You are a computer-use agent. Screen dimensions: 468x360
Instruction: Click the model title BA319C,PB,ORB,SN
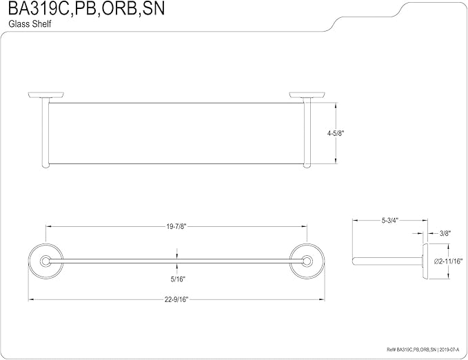[86, 8]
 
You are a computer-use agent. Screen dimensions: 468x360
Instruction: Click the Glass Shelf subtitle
[30, 24]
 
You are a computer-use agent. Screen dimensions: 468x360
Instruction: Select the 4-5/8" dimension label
[336, 134]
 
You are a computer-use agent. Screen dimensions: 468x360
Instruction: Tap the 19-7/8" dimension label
[176, 226]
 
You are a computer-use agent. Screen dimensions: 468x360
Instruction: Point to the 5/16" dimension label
[178, 279]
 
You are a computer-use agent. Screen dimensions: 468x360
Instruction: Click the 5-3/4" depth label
[390, 221]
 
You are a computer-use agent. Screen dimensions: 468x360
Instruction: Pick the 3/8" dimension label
[445, 233]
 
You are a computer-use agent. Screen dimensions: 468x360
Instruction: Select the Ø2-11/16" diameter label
[448, 261]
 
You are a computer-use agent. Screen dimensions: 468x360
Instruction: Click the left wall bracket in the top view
[45, 95]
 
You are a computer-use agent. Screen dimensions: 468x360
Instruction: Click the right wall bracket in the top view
[307, 95]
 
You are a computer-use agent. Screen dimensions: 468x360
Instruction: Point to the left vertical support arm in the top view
[45, 133]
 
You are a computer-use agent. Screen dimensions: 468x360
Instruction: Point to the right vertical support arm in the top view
[307, 133]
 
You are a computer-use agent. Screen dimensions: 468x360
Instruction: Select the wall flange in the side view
[425, 261]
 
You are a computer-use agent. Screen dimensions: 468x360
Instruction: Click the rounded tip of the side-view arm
[354, 261]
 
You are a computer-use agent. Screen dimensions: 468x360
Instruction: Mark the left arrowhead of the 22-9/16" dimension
[30, 299]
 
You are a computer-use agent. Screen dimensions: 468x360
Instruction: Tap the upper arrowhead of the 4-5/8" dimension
[336, 105]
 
